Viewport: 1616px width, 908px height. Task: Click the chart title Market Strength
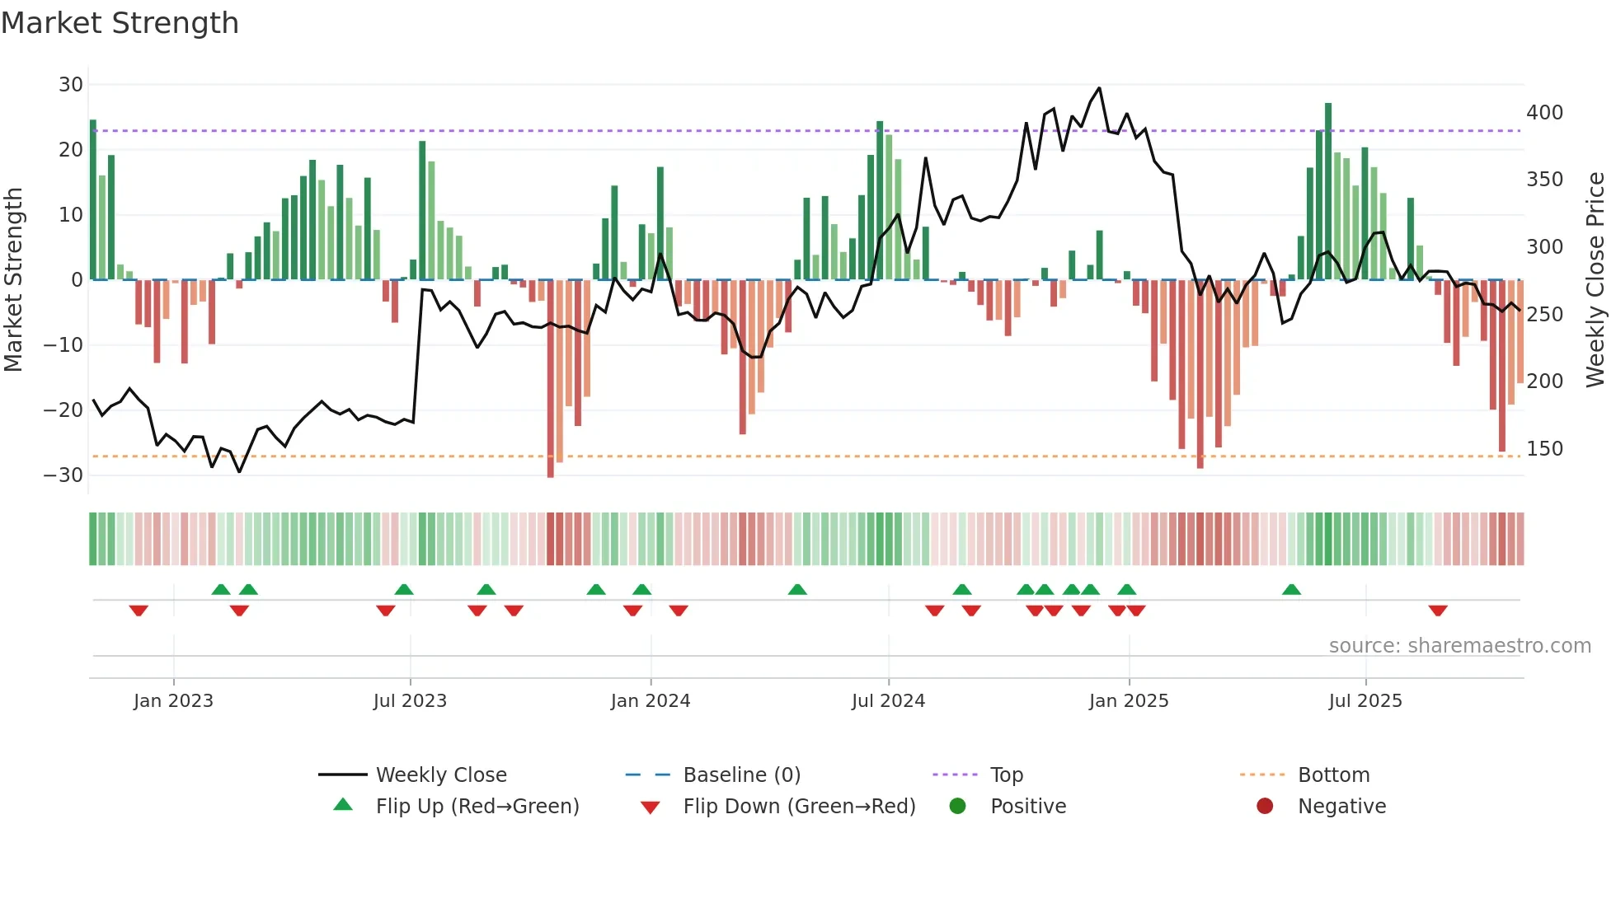click(120, 23)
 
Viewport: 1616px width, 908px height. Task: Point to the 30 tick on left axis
click(71, 85)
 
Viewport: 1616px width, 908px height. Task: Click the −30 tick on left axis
click(63, 475)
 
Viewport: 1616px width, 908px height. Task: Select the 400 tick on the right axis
click(1544, 113)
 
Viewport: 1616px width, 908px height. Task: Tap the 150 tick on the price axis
click(1544, 449)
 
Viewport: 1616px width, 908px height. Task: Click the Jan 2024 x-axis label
click(651, 701)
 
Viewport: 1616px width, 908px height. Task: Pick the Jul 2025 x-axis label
click(1365, 701)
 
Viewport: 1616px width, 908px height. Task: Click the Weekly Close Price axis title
click(1595, 280)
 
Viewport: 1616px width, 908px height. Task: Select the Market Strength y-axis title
click(13, 280)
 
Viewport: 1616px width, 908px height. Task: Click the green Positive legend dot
click(957, 806)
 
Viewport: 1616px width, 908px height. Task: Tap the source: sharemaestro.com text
click(1459, 646)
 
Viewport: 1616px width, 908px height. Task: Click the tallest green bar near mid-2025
click(1328, 190)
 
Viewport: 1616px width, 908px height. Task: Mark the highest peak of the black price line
click(1099, 88)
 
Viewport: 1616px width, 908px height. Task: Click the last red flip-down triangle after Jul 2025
click(1438, 611)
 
